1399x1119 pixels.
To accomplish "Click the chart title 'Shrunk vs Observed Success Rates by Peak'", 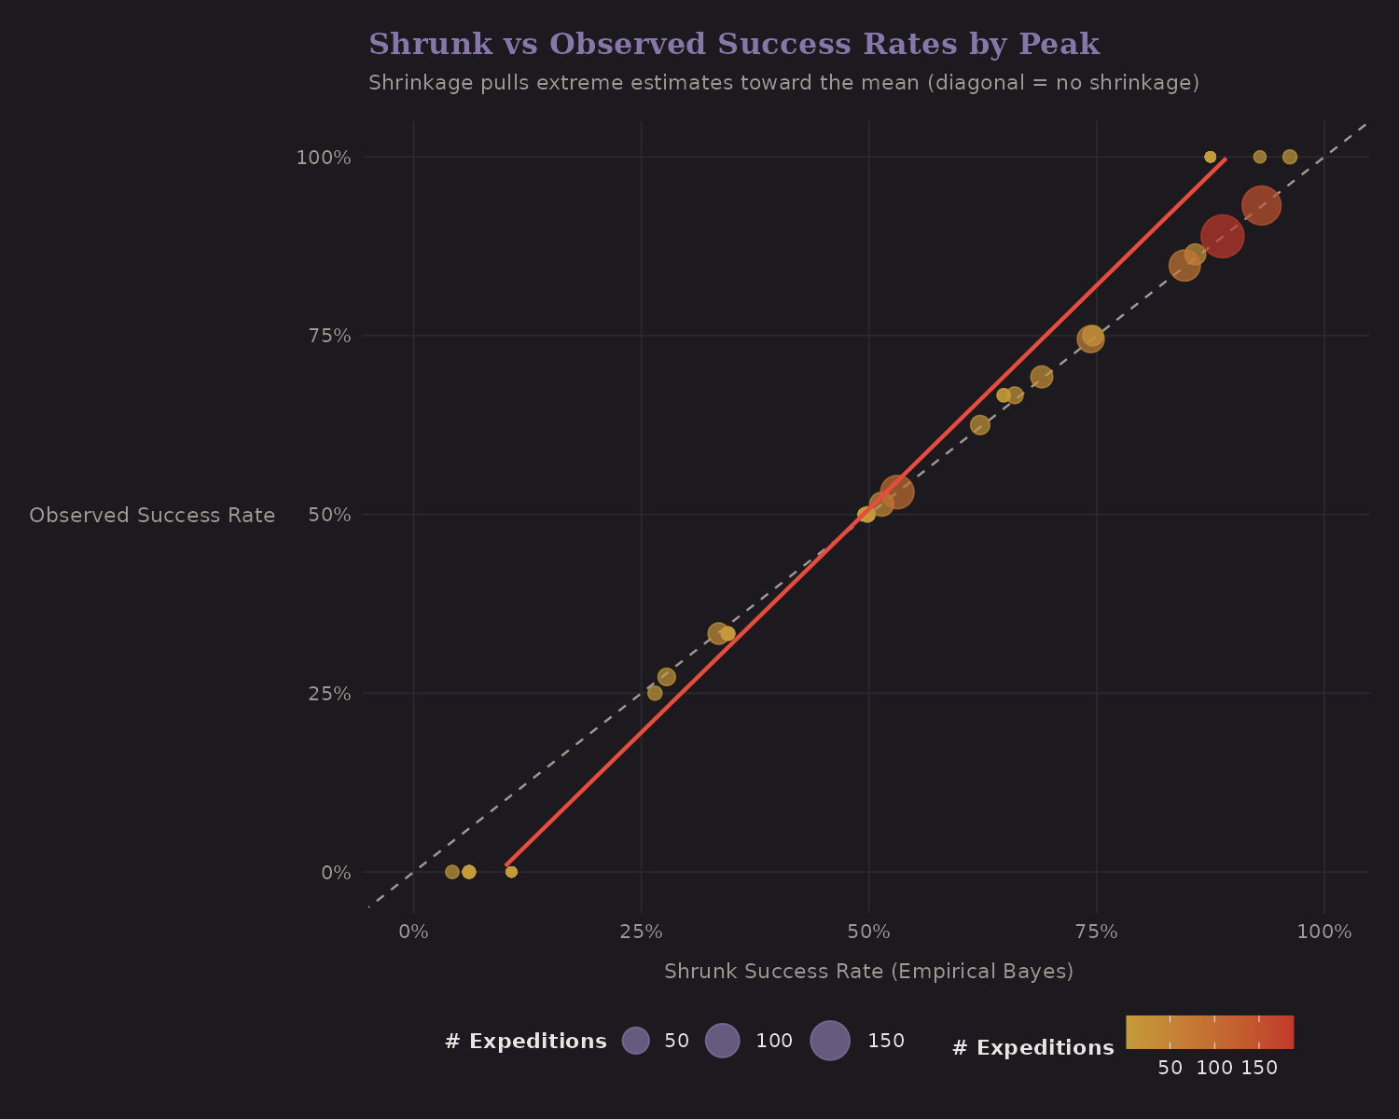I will [733, 45].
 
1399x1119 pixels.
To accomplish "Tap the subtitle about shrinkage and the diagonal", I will [783, 83].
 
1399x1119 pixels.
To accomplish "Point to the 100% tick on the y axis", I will [324, 158].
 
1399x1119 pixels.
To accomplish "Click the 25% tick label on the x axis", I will [641, 932].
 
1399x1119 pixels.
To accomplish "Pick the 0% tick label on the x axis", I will [413, 932].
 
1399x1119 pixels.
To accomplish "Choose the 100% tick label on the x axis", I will [1323, 932].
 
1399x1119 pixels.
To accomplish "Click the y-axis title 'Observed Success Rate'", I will [152, 516].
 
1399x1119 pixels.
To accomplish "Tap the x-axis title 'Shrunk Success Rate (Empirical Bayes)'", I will [868, 972].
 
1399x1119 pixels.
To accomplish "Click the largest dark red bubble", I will [1222, 236].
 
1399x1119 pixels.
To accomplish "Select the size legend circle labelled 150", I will [830, 1041].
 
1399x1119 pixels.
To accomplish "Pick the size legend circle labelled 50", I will [635, 1041].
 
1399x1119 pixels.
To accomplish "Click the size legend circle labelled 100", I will [722, 1041].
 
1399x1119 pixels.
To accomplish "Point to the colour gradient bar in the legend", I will [1210, 1032].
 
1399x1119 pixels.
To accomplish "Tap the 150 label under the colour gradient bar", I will [1259, 1069].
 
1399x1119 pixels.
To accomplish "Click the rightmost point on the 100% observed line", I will [1290, 157].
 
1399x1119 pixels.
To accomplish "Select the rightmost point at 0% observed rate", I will [511, 872].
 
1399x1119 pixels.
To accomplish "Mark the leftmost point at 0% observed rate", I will [452, 872].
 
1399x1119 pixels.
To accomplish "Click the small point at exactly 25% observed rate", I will [655, 693].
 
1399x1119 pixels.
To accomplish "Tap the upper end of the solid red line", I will [1225, 159].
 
